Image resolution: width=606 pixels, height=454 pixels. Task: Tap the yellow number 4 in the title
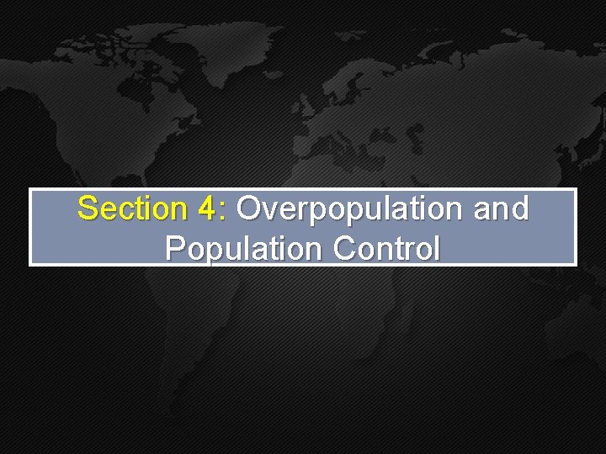[x=210, y=209]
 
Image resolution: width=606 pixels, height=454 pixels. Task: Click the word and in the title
[x=502, y=209]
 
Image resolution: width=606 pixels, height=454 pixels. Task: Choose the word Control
[x=386, y=248]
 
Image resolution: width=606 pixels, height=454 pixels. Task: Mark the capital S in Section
[x=87, y=209]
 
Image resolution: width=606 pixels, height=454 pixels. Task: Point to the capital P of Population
[x=175, y=248]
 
